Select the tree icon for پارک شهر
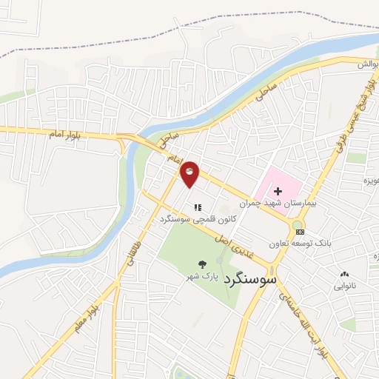tap(201, 264)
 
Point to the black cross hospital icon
tap(278, 191)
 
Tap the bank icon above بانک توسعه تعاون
tap(299, 232)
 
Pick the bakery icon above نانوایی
tap(343, 274)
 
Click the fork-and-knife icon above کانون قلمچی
tap(197, 208)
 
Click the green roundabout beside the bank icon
tap(297, 224)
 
